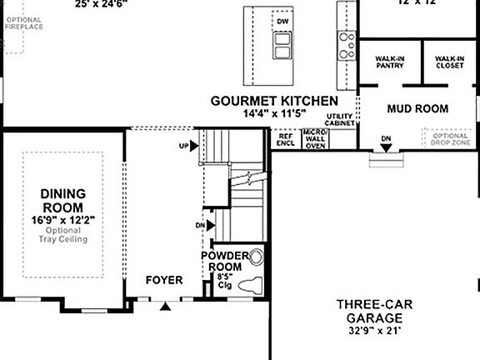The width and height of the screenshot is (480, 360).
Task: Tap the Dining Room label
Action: tap(62, 201)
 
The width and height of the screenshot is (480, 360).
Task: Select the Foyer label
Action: tap(164, 281)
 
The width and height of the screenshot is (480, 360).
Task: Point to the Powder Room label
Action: tap(225, 261)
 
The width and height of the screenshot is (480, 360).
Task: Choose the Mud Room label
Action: tap(417, 108)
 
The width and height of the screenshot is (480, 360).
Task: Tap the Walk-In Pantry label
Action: tap(390, 63)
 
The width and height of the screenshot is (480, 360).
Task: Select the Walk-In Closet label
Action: tap(449, 63)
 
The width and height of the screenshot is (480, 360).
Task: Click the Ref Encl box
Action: tap(285, 138)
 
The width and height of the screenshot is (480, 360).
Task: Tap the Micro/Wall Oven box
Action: tap(314, 138)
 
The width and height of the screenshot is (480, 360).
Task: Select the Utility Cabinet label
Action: tap(340, 119)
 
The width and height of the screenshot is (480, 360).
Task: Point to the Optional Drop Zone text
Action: tap(450, 138)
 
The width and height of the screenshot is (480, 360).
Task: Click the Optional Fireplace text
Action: tap(22, 22)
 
